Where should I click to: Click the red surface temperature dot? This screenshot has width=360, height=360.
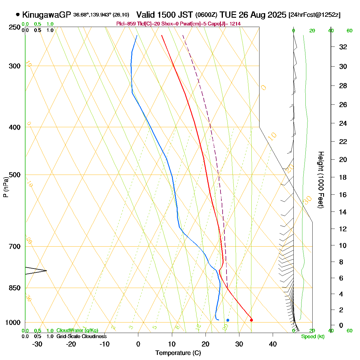[x=251, y=320]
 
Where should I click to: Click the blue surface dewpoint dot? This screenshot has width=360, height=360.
[x=228, y=320]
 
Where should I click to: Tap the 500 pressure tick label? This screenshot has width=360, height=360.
[x=15, y=175]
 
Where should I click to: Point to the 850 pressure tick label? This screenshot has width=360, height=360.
[x=15, y=288]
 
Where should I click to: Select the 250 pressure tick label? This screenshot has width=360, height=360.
[x=15, y=27]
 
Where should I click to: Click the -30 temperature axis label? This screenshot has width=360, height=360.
[x=37, y=344]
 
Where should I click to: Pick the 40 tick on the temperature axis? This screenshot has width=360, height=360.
[x=273, y=344]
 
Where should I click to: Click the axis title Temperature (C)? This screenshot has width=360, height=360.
[x=178, y=353]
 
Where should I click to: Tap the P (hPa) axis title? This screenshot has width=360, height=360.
[x=5, y=187]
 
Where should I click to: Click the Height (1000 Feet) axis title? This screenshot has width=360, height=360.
[x=321, y=180]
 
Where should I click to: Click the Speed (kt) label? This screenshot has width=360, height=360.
[x=313, y=337]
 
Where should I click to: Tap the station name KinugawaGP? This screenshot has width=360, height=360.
[x=46, y=15]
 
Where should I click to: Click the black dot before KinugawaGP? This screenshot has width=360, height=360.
[x=18, y=14]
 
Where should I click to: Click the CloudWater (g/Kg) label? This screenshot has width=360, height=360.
[x=77, y=331]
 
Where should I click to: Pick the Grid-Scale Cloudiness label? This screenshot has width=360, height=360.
[x=81, y=337]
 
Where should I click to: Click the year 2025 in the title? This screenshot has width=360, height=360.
[x=277, y=15]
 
